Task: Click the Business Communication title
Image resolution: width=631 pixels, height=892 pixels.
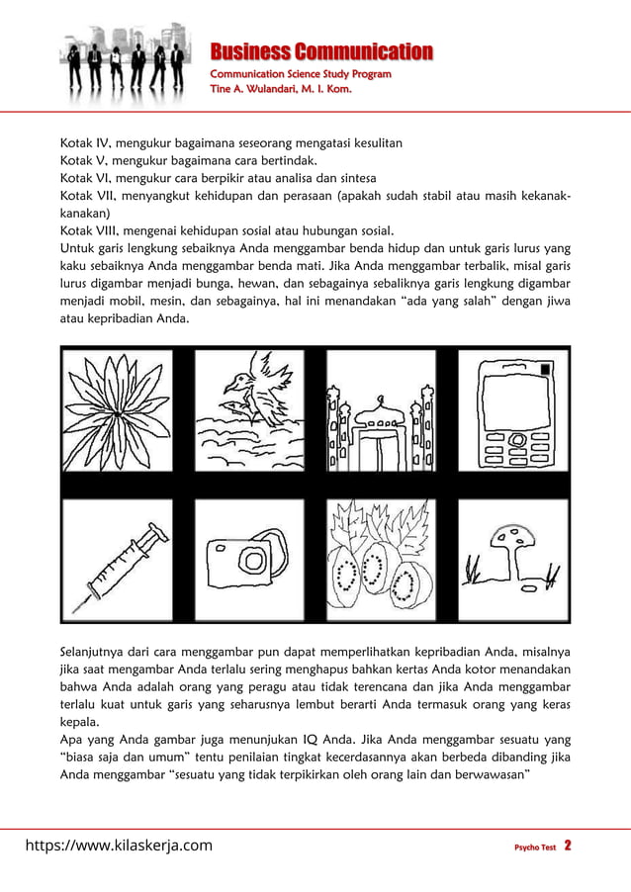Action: coord(321,51)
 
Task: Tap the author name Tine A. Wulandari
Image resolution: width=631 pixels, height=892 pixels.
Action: coord(281,90)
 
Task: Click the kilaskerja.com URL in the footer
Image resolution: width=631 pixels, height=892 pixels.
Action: coord(119,846)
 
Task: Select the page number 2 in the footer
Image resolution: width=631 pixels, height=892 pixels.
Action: coord(568,847)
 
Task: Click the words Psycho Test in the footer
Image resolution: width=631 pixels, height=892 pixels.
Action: coord(535,847)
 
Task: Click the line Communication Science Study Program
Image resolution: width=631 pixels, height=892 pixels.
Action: coord(301,74)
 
